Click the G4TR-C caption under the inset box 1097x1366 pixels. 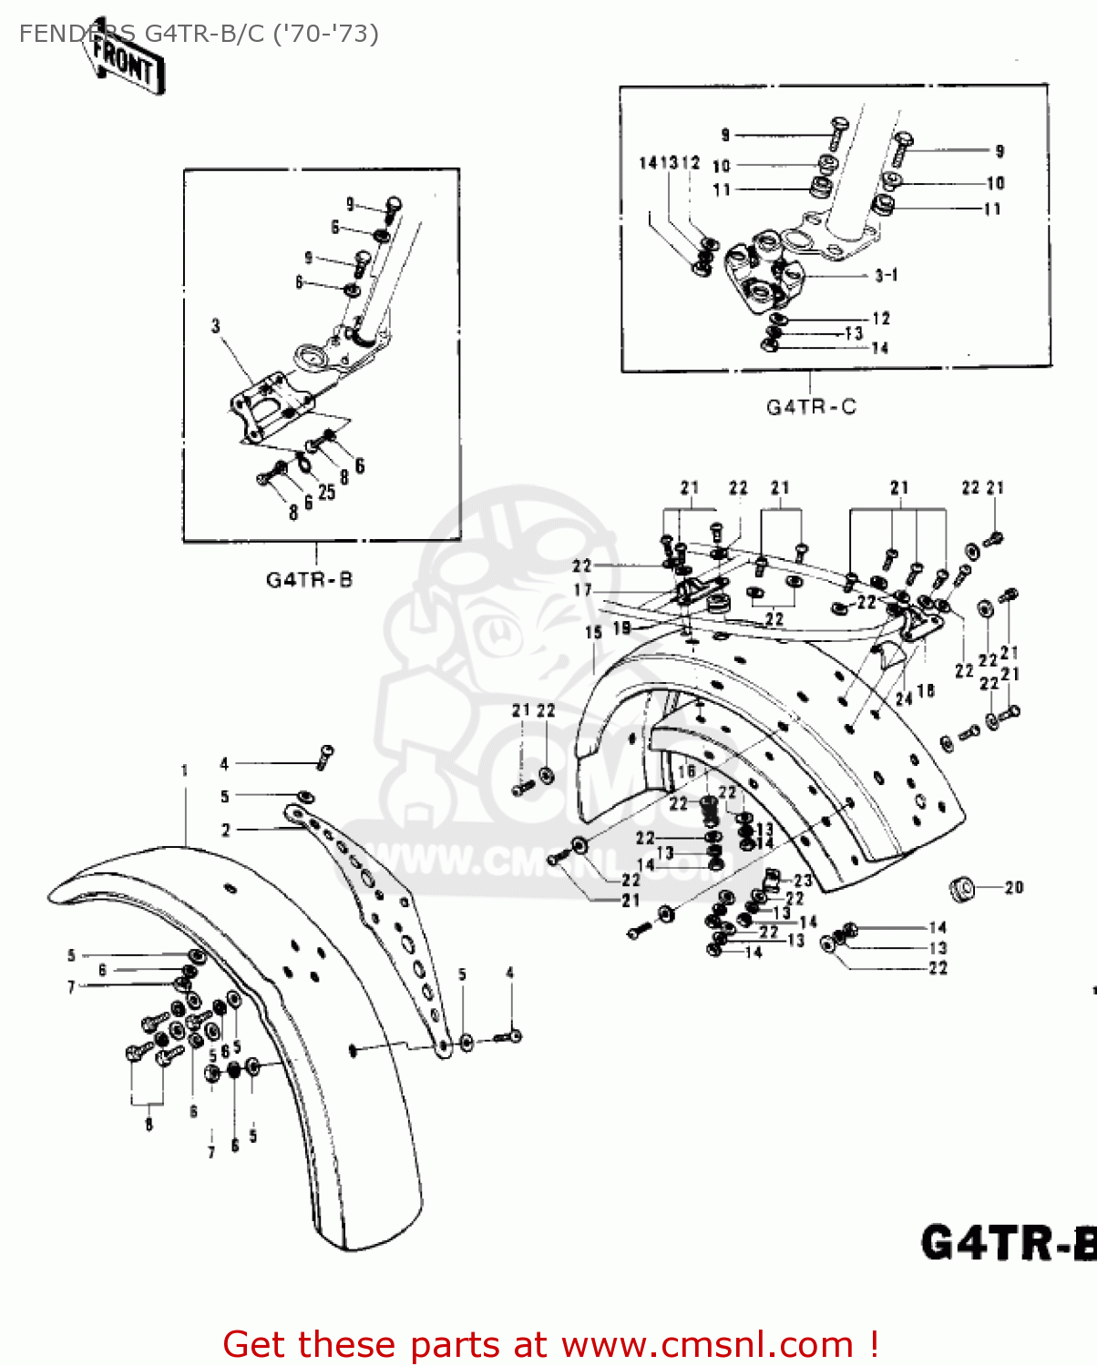click(811, 407)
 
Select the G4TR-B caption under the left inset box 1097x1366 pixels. click(309, 580)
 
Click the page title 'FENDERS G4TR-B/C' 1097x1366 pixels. click(199, 34)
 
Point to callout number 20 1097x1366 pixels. click(1013, 887)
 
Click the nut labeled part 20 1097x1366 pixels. click(960, 888)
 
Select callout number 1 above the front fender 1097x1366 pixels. click(185, 770)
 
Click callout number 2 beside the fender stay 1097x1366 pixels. click(226, 830)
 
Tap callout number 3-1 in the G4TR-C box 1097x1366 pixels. click(886, 275)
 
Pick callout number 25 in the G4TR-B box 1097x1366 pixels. click(326, 492)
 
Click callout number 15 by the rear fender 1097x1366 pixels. click(594, 632)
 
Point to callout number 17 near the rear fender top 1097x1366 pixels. click(582, 590)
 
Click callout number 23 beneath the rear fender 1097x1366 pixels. click(802, 880)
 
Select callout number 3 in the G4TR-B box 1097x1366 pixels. click(216, 325)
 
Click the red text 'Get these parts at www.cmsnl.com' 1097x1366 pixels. click(550, 1344)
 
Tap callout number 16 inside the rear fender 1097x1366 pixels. click(687, 771)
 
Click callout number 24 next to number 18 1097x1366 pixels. click(904, 698)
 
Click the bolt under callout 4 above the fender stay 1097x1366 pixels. click(325, 756)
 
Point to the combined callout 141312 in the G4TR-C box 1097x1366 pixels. click(669, 163)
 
